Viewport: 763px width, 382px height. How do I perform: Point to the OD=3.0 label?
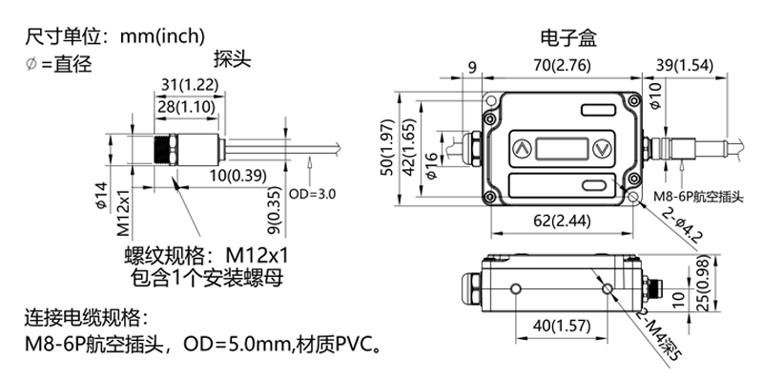[311, 193]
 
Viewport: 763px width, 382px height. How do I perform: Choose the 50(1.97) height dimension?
[387, 148]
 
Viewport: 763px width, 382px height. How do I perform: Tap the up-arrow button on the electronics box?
[521, 148]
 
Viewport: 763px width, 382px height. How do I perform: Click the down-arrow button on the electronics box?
[602, 148]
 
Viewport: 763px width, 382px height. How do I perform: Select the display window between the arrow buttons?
[561, 148]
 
